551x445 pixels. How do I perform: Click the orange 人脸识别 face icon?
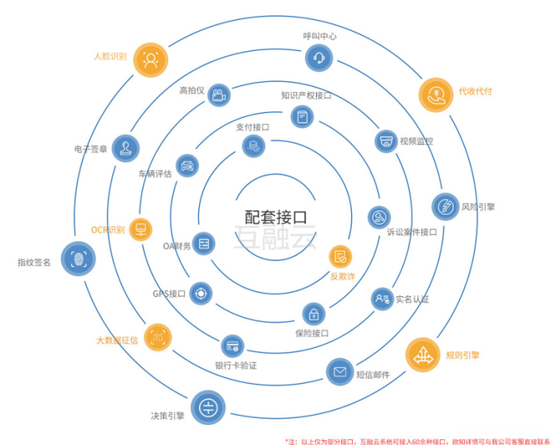pos(150,59)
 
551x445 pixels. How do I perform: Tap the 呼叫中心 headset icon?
pos(318,57)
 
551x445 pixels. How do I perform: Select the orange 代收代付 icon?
pos(436,95)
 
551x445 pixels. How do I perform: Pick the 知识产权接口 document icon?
pos(302,117)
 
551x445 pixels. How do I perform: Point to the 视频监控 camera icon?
pos(386,141)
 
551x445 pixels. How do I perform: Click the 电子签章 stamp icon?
pos(125,147)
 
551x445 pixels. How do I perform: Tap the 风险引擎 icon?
pos(444,206)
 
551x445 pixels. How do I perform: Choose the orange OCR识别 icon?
pos(141,230)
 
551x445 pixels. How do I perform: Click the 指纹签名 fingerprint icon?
pos(78,259)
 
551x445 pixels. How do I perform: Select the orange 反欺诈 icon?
pos(340,256)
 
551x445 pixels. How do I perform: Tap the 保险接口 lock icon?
pos(314,313)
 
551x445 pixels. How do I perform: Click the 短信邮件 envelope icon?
pos(339,371)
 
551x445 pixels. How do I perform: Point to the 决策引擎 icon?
pos(206,406)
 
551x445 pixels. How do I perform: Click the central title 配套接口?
pos(275,216)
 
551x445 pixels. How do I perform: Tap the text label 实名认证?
pos(412,300)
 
